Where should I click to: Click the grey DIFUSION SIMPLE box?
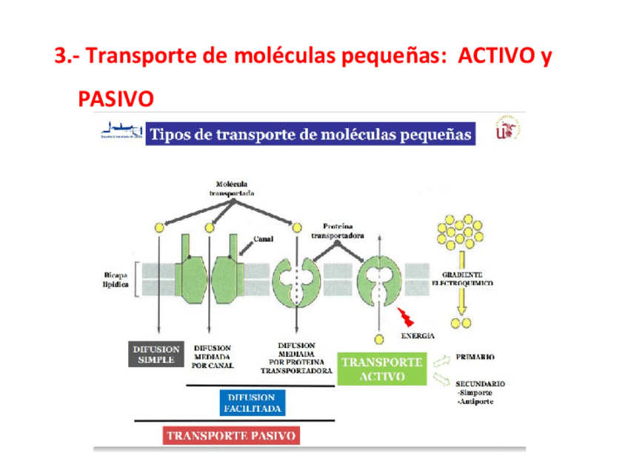[x=156, y=355]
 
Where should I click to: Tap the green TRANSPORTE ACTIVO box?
[x=381, y=369]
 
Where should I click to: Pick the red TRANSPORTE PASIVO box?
[x=231, y=435]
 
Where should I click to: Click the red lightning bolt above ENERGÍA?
[x=406, y=318]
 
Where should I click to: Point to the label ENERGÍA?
[x=417, y=335]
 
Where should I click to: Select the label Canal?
[x=264, y=239]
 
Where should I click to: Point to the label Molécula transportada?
[x=231, y=189]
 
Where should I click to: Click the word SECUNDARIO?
[x=481, y=384]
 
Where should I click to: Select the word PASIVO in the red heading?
[x=116, y=98]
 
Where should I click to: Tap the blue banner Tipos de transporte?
[x=310, y=134]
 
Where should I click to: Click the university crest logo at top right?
[x=511, y=127]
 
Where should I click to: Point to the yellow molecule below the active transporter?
[x=379, y=339]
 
